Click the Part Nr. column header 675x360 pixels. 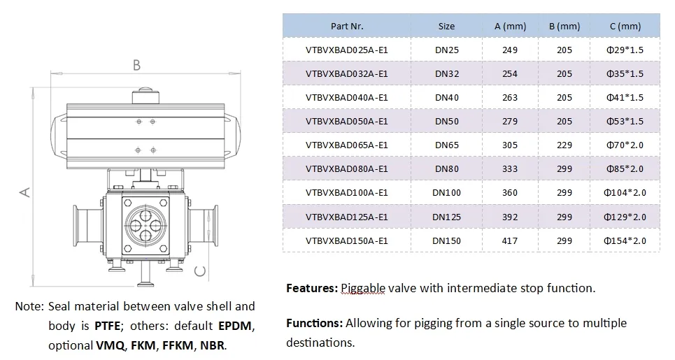346,26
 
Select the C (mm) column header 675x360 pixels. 625,26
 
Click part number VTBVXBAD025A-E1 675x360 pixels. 346,50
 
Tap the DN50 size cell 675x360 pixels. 446,121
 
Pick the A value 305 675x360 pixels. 510,145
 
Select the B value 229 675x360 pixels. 564,145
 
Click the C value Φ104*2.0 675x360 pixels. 625,192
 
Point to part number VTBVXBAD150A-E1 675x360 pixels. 346,240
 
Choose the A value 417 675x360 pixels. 510,240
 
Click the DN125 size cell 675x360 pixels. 446,217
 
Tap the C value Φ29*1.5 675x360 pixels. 625,50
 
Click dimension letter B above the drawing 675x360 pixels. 137,66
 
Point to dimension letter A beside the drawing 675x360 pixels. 24,191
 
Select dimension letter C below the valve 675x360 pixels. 201,271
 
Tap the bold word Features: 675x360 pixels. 312,288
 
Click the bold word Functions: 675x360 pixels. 314,323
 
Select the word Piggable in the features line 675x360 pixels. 361,288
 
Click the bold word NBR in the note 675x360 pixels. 213,345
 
